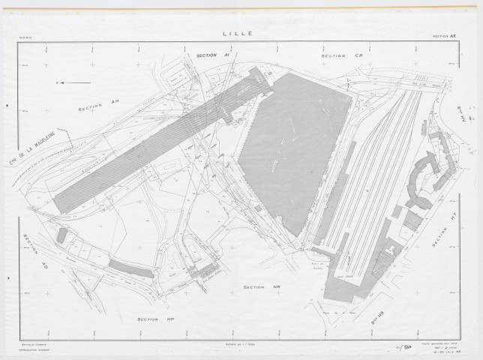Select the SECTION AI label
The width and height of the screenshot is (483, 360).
pos(211,55)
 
